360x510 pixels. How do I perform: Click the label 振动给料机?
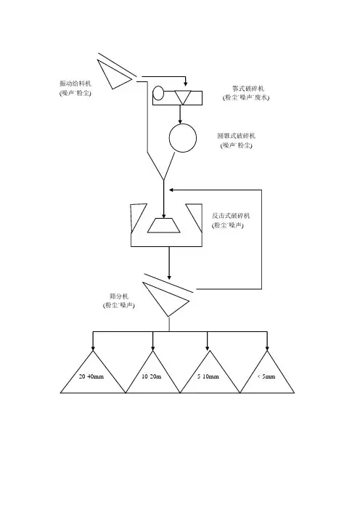click(75, 84)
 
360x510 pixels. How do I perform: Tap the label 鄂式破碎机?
click(248, 88)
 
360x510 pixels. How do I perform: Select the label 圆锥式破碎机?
click(236, 136)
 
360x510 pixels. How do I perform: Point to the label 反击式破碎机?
click(231, 216)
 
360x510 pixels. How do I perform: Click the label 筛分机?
click(119, 296)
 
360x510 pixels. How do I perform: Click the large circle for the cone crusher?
click(183, 138)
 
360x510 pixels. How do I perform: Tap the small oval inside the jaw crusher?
click(158, 93)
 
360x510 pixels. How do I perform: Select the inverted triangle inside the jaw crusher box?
click(183, 97)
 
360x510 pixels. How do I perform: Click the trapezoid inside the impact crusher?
click(164, 225)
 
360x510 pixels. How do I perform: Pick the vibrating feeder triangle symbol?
click(114, 73)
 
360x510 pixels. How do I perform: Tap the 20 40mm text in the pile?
click(91, 376)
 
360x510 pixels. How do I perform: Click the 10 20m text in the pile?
click(152, 376)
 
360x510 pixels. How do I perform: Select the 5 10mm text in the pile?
click(208, 376)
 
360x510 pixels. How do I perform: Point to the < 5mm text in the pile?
click(266, 376)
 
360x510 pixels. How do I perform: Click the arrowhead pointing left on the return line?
click(171, 190)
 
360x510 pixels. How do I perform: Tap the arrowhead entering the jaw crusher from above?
click(185, 83)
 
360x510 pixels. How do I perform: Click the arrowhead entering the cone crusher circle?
click(180, 121)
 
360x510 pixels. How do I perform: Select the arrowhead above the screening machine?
click(169, 277)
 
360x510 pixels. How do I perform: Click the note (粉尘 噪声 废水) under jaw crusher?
click(246, 97)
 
